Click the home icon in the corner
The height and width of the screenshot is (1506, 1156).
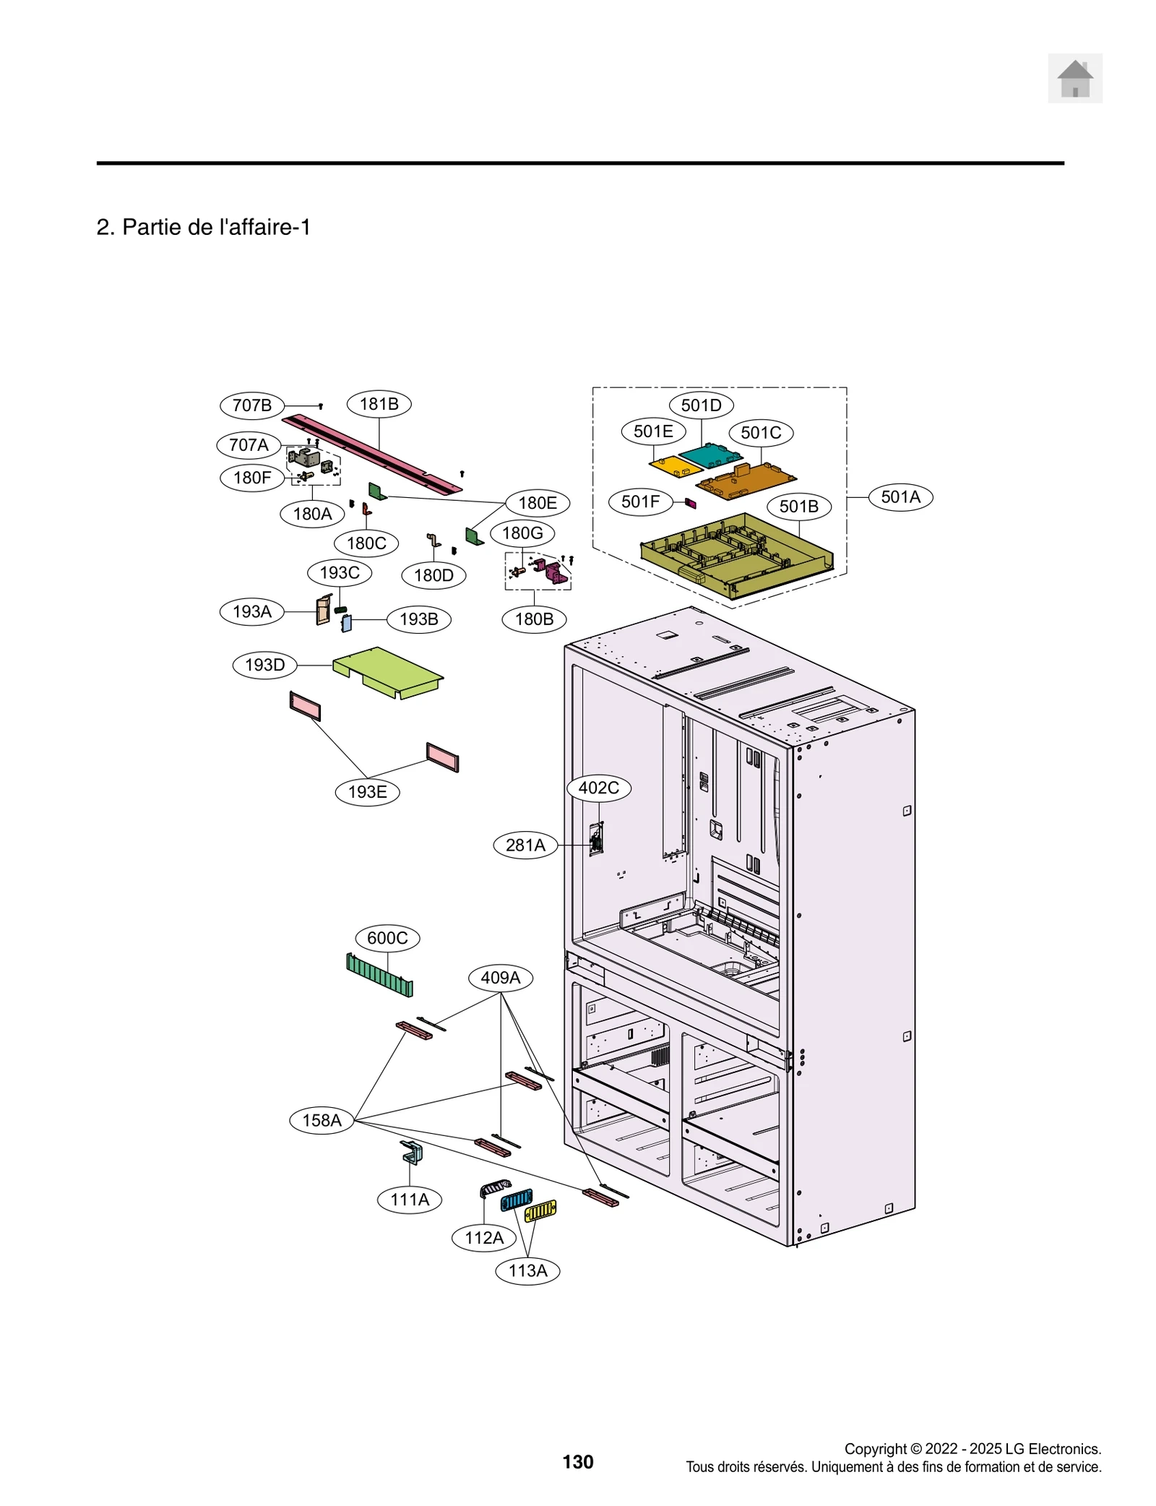click(1074, 78)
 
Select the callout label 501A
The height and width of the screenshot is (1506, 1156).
click(900, 497)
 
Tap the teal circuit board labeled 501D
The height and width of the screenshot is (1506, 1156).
click(709, 456)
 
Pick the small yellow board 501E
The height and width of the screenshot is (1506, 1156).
click(675, 466)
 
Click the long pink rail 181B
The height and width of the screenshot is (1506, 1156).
click(372, 453)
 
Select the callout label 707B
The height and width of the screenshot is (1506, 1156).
click(251, 405)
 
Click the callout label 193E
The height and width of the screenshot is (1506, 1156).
click(367, 792)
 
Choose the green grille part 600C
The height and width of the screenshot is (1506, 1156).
click(379, 975)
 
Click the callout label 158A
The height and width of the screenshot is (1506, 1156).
click(322, 1120)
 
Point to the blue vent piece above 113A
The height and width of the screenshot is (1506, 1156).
click(516, 1200)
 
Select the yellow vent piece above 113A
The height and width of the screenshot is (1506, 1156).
click(540, 1210)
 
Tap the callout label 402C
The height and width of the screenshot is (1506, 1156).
click(598, 788)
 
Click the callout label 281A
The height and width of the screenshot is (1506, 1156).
click(525, 845)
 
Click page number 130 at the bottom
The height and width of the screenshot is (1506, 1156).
click(577, 1462)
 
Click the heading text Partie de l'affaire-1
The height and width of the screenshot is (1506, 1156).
click(204, 227)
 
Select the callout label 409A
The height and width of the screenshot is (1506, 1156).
click(500, 978)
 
